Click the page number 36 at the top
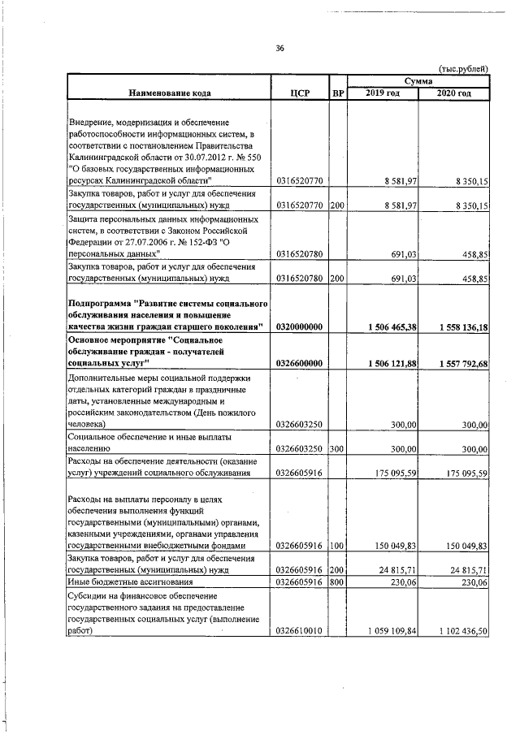(279, 49)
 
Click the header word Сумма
(418, 81)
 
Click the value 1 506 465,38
(385, 326)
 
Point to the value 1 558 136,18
(455, 326)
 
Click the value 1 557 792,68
(455, 363)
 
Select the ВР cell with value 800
(337, 582)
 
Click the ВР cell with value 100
(337, 547)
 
